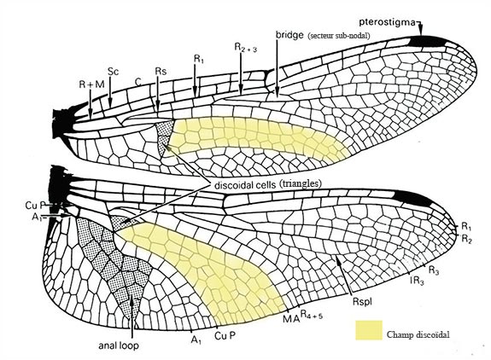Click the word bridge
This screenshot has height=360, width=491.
[x=289, y=34]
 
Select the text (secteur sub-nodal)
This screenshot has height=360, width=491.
[x=338, y=36]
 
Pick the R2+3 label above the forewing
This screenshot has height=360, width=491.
[x=246, y=47]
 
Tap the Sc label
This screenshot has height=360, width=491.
[x=113, y=72]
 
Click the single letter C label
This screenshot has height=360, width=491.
[x=138, y=82]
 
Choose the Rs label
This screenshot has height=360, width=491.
[x=161, y=72]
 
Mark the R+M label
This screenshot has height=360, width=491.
[x=91, y=84]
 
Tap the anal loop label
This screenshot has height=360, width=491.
[x=119, y=345]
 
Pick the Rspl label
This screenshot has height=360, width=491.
[x=362, y=302]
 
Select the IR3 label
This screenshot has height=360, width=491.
[x=417, y=281]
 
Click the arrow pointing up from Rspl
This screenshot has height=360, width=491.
[x=344, y=276]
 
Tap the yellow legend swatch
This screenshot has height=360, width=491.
[x=369, y=330]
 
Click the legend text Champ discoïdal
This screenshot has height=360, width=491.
[x=418, y=334]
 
